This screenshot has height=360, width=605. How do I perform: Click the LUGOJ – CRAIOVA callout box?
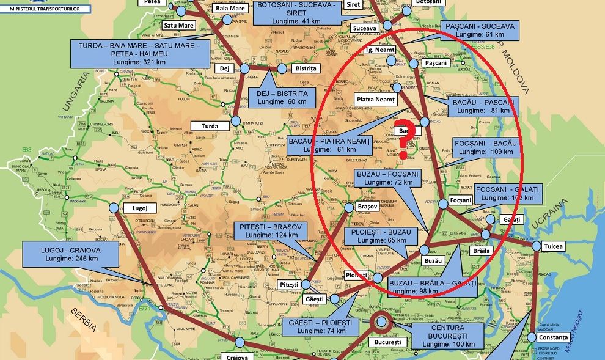click(x=71, y=254)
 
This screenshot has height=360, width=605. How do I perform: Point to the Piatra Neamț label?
click(x=376, y=99)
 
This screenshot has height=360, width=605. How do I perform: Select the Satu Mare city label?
click(x=178, y=26)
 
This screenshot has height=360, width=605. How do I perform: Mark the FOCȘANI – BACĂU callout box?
click(x=486, y=147)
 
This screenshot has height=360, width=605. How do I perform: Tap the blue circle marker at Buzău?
click(x=425, y=249)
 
